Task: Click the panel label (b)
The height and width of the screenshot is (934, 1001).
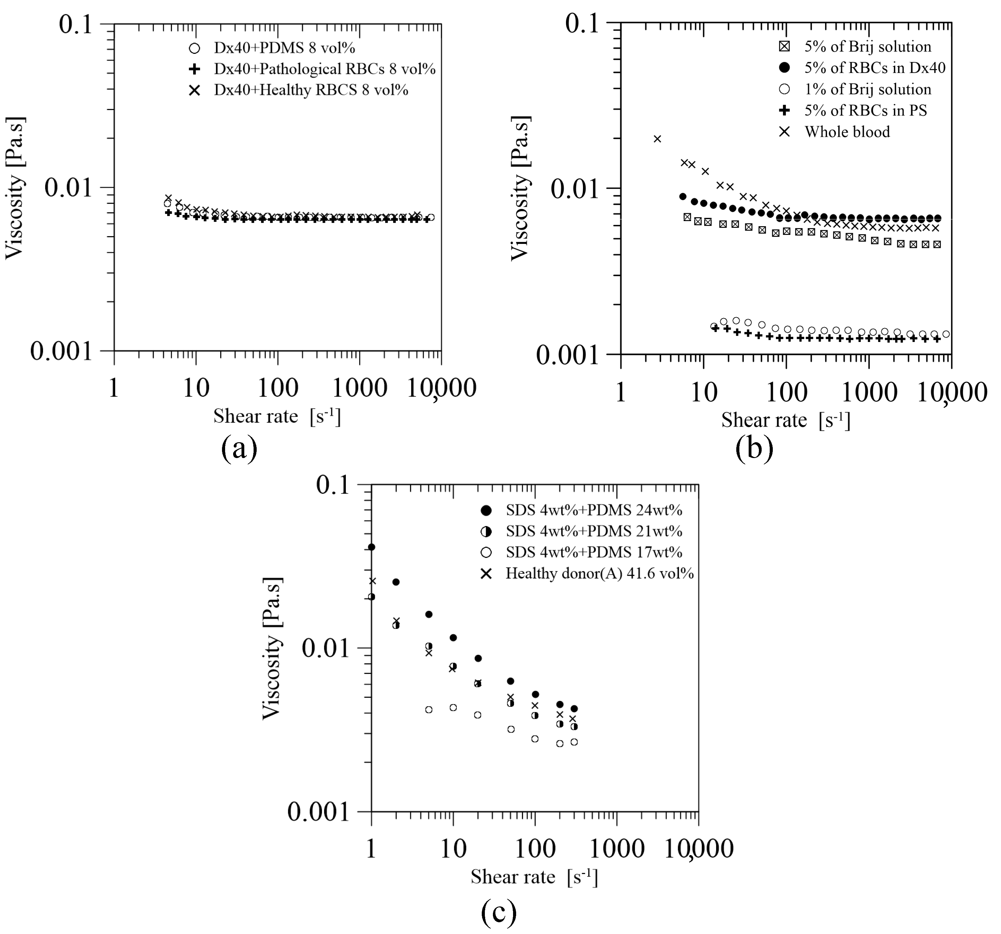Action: click(754, 448)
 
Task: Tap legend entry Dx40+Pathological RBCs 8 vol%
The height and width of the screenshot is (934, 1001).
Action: click(324, 69)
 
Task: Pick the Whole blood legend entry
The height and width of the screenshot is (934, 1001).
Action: click(847, 132)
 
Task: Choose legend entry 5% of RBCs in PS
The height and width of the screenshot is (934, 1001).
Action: click(865, 111)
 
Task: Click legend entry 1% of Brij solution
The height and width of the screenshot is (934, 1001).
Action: click(868, 89)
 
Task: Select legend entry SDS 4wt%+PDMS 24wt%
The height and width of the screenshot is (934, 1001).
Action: click(594, 510)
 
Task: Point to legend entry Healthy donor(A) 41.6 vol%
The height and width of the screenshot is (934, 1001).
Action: click(599, 574)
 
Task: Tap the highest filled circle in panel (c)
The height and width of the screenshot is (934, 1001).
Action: click(372, 547)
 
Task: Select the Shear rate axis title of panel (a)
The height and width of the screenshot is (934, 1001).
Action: click(277, 416)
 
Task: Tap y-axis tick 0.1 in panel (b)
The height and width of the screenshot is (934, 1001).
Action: click(583, 24)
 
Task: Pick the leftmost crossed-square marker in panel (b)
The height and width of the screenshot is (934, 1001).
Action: click(687, 217)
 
